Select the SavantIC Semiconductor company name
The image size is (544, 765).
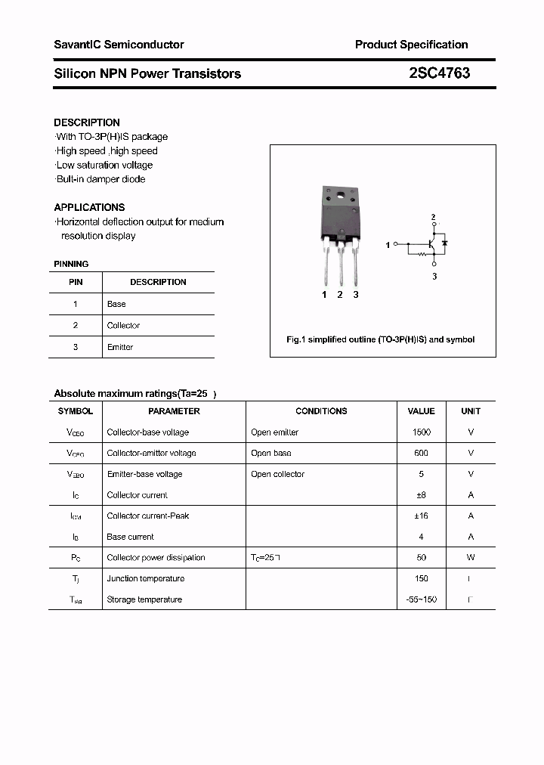click(x=119, y=45)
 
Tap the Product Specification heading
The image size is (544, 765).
click(x=411, y=45)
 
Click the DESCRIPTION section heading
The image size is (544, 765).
click(x=87, y=122)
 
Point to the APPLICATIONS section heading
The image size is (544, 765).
click(x=89, y=207)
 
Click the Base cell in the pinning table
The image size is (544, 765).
click(x=116, y=304)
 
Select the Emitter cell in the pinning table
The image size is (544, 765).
click(x=120, y=347)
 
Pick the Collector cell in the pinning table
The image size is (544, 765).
click(x=123, y=326)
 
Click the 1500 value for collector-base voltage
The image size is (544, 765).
click(x=421, y=432)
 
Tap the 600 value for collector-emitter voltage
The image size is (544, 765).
click(x=421, y=453)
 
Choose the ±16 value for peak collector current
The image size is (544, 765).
click(x=421, y=516)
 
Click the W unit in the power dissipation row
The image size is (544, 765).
click(x=471, y=558)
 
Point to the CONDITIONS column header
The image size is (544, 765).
click(x=321, y=411)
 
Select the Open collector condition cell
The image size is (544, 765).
click(x=277, y=474)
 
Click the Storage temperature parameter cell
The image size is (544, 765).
click(x=144, y=599)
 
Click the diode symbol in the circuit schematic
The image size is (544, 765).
click(x=445, y=243)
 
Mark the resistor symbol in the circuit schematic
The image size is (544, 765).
click(x=422, y=255)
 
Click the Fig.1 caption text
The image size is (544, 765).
click(x=381, y=340)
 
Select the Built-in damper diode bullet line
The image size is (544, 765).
click(x=100, y=179)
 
